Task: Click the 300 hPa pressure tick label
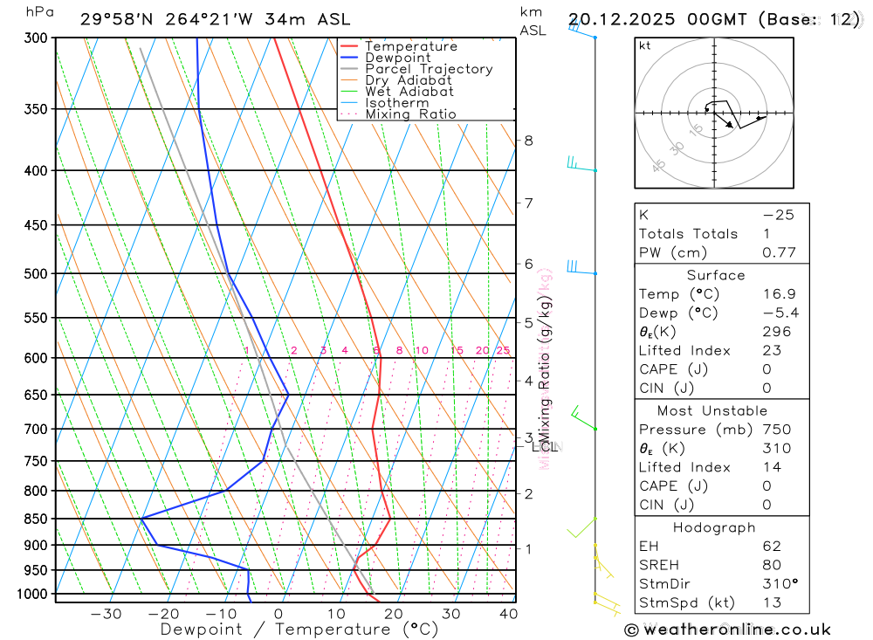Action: (x=36, y=38)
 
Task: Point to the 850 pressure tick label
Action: (x=36, y=519)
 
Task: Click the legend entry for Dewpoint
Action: (x=398, y=58)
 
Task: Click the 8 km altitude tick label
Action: (x=528, y=141)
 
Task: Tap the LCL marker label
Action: (x=545, y=447)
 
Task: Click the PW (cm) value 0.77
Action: (x=779, y=253)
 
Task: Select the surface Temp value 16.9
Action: (x=779, y=294)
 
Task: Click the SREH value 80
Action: (x=772, y=565)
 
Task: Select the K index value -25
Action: (x=778, y=215)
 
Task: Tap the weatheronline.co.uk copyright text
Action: (x=727, y=630)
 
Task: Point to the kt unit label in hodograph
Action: (x=645, y=46)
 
